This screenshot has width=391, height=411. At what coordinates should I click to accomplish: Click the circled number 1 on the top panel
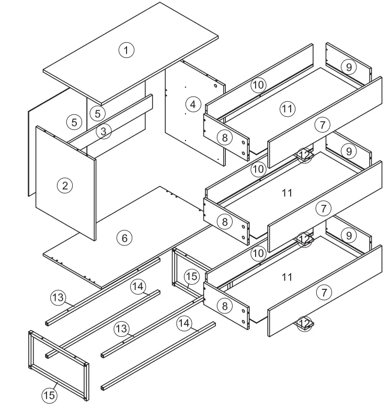126,50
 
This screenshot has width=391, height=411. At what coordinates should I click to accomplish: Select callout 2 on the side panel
65,185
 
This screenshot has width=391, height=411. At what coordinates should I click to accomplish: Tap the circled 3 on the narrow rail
103,131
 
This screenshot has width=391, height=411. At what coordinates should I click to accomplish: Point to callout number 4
193,104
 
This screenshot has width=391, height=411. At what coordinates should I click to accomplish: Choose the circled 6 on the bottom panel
124,238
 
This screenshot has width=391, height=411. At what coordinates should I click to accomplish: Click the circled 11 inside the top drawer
287,109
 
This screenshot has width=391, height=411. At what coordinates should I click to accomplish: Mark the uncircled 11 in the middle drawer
287,193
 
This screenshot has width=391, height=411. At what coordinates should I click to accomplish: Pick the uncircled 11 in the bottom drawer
287,277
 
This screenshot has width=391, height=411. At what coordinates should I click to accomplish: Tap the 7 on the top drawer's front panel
323,125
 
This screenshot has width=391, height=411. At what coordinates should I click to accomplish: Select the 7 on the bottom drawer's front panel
324,292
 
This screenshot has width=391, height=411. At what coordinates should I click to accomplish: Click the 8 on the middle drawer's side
224,221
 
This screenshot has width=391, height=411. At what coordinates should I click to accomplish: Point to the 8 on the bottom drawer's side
224,306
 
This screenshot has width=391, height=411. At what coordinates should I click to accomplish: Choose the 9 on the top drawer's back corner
349,66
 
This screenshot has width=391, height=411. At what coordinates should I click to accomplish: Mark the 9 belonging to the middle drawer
349,150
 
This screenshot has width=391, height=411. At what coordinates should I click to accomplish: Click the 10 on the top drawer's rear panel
258,85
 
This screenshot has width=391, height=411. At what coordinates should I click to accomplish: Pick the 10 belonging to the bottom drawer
258,254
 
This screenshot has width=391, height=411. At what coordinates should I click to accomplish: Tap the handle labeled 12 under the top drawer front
305,155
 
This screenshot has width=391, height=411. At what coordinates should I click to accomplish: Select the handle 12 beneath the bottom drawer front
305,324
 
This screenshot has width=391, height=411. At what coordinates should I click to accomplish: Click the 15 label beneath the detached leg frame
49,395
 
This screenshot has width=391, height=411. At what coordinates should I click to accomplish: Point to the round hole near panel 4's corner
216,85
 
